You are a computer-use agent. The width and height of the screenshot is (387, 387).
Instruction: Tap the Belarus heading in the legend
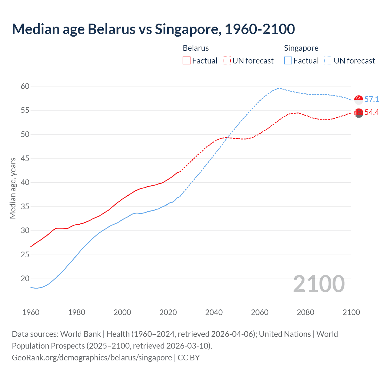(196, 48)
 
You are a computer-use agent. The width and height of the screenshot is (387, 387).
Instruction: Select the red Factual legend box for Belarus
(187, 60)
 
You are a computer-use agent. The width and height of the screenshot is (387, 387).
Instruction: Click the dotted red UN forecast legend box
(227, 60)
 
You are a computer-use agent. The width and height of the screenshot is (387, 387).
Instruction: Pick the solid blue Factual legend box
(288, 60)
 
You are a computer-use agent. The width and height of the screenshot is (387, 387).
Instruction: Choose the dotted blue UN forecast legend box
(328, 60)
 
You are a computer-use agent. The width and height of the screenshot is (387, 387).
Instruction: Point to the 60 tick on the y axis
(25, 86)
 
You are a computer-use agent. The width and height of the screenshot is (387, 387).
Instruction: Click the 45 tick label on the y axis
(25, 158)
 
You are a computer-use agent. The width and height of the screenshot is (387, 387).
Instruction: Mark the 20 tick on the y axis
(25, 278)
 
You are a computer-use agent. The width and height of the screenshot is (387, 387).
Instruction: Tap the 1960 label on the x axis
(31, 312)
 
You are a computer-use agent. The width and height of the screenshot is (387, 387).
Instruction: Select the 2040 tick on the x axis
(214, 312)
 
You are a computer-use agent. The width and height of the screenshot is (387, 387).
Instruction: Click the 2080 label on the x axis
(305, 312)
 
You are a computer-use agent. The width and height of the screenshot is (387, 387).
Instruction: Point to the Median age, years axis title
(13, 188)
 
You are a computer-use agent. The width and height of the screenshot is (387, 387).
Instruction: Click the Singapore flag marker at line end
(359, 99)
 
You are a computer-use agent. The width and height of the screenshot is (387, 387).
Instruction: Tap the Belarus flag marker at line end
(359, 113)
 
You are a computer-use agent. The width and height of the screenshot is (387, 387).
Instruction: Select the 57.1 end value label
(372, 99)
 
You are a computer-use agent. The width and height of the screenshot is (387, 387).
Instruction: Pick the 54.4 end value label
(372, 112)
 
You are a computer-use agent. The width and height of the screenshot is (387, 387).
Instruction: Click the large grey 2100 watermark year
(319, 284)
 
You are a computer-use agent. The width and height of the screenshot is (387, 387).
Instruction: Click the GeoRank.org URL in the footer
(92, 358)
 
